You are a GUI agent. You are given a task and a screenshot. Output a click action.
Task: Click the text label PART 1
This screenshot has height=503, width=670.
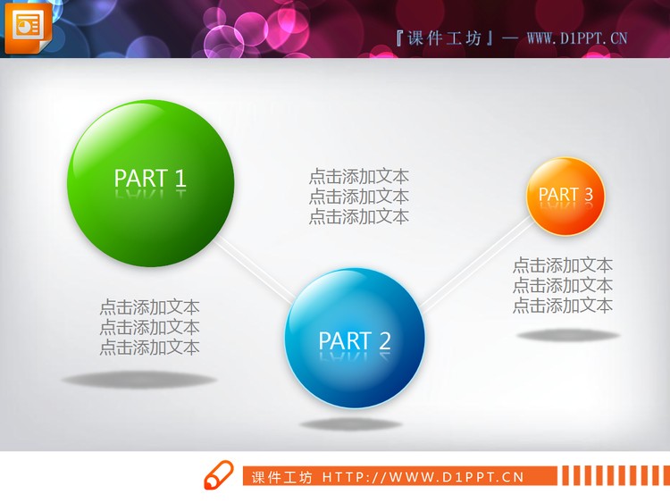click(150, 178)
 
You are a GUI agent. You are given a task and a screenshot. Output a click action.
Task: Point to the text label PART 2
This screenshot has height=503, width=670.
click(355, 340)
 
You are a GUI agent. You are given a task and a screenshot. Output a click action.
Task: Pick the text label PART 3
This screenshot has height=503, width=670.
click(565, 194)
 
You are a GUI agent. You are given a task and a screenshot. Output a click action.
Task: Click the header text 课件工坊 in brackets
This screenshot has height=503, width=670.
click(443, 38)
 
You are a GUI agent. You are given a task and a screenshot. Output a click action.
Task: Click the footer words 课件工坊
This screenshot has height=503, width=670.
click(282, 477)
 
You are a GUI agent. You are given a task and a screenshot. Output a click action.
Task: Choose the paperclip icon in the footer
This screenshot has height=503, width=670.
click(217, 476)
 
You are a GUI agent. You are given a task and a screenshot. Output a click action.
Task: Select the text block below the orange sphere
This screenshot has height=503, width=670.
click(563, 285)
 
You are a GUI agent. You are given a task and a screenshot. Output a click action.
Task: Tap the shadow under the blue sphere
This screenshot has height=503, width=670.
click(350, 423)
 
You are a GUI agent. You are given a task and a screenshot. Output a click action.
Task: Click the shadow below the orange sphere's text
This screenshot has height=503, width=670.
click(568, 335)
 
